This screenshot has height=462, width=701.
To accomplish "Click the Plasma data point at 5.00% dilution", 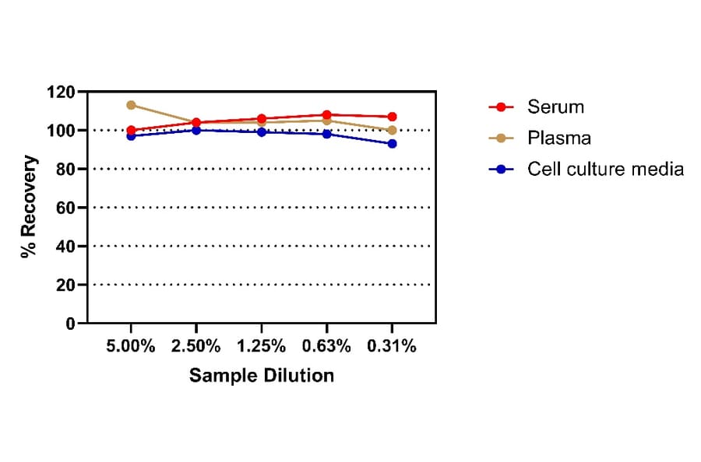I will tap(131, 105).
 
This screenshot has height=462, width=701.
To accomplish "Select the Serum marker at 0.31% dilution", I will tap(392, 117).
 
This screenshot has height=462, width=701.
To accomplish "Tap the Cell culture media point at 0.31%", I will tap(392, 144).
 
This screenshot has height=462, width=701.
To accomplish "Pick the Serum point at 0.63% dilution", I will tap(326, 115).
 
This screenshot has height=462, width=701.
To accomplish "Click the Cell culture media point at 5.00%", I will tap(131, 136).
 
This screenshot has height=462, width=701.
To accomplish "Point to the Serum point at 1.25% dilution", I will tap(261, 119).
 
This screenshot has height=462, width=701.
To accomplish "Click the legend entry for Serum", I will tap(555, 107).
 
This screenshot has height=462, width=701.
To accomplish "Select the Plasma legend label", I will tap(558, 138).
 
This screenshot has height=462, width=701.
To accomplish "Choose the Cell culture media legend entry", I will tap(605, 169).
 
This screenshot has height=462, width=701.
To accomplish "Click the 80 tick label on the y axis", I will tap(65, 170).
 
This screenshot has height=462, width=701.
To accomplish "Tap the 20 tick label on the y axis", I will tap(65, 285).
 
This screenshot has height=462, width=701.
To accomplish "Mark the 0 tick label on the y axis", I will tap(69, 324).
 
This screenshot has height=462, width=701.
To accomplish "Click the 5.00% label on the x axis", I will tap(131, 347).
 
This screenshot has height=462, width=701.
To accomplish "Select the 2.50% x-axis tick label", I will tap(196, 347).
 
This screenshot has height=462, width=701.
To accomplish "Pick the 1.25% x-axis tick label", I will tap(261, 347).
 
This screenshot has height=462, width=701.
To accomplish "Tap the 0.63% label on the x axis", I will tap(326, 347).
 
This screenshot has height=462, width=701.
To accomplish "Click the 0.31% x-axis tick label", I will tap(392, 347).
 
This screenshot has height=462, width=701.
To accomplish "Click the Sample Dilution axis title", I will tap(262, 376).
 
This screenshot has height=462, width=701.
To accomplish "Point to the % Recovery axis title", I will tap(29, 208).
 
